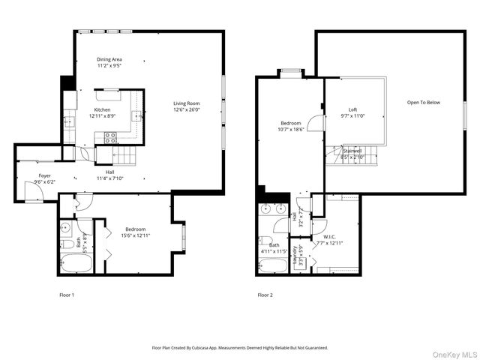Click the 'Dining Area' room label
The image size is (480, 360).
click(x=109, y=59)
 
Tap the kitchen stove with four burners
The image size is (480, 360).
click(x=109, y=137)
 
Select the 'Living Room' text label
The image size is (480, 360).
click(x=187, y=103)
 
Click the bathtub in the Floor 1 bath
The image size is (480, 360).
click(x=73, y=263)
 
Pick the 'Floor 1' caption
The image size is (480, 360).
click(x=67, y=295)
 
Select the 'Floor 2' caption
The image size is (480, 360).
click(x=265, y=295)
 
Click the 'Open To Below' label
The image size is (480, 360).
click(x=423, y=102)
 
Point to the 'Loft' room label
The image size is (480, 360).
click(x=352, y=109)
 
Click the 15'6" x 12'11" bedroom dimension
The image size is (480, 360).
click(x=135, y=235)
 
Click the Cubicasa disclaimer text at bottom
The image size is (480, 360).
click(x=240, y=348)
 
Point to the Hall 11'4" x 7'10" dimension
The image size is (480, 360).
click(x=109, y=178)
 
